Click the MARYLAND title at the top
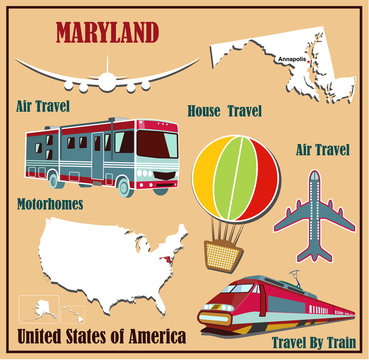tap(108, 32)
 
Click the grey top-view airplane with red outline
tap(316, 215)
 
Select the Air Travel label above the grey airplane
tap(322, 150)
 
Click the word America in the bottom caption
tap(149, 335)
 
